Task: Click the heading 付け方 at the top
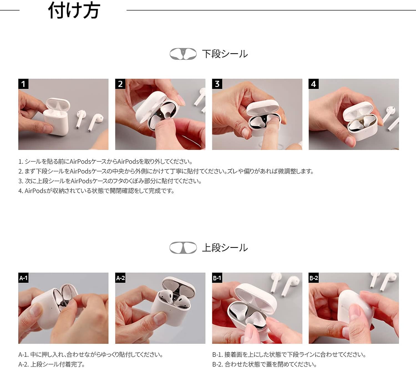coord(74,11)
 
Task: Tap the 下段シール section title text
coord(225,54)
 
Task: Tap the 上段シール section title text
coord(225,248)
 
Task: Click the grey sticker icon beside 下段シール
coord(183,54)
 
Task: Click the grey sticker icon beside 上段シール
coord(183,248)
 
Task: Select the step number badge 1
coord(23,84)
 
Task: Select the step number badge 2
coord(120,84)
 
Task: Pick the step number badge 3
coord(217,84)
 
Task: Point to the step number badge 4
coord(313,84)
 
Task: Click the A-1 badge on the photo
coord(23,278)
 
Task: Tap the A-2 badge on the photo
coord(120,278)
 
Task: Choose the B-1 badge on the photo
coord(217,278)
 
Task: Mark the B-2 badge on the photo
coord(314,278)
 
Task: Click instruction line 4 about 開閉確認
coord(96,191)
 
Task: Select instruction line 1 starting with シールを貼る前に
coord(105,161)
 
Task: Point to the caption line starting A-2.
coord(52,364)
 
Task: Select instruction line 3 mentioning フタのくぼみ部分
coord(110,181)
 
